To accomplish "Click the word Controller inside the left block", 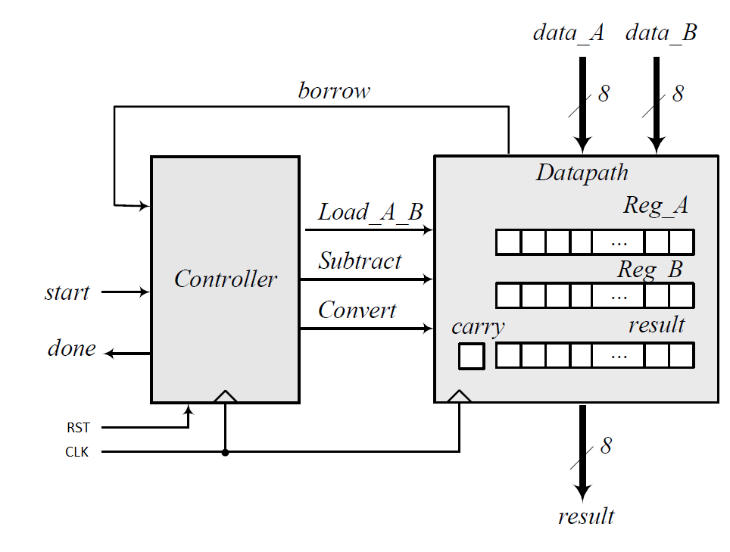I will click(x=226, y=279).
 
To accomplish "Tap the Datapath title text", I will click(x=582, y=173).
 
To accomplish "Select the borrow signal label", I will click(x=334, y=91).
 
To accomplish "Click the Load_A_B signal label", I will click(x=370, y=212).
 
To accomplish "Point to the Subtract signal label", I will click(x=360, y=261).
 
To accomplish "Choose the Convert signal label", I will click(x=357, y=310).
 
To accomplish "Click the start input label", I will click(x=67, y=292).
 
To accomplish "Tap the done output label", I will click(x=72, y=348).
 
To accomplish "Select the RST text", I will click(x=78, y=428).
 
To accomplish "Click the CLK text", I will click(x=76, y=453).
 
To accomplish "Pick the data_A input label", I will click(x=568, y=33).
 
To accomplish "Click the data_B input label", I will click(x=661, y=33).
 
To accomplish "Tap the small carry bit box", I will click(x=471, y=356).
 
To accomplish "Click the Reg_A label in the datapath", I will click(x=656, y=205).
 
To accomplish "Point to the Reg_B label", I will click(x=650, y=269).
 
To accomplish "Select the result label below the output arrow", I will click(x=585, y=516).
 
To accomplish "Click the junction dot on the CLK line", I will click(x=225, y=452).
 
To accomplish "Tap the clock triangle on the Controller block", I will click(x=225, y=396).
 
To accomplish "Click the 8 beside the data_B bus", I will click(x=678, y=93).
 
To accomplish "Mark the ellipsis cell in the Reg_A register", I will click(x=618, y=242).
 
